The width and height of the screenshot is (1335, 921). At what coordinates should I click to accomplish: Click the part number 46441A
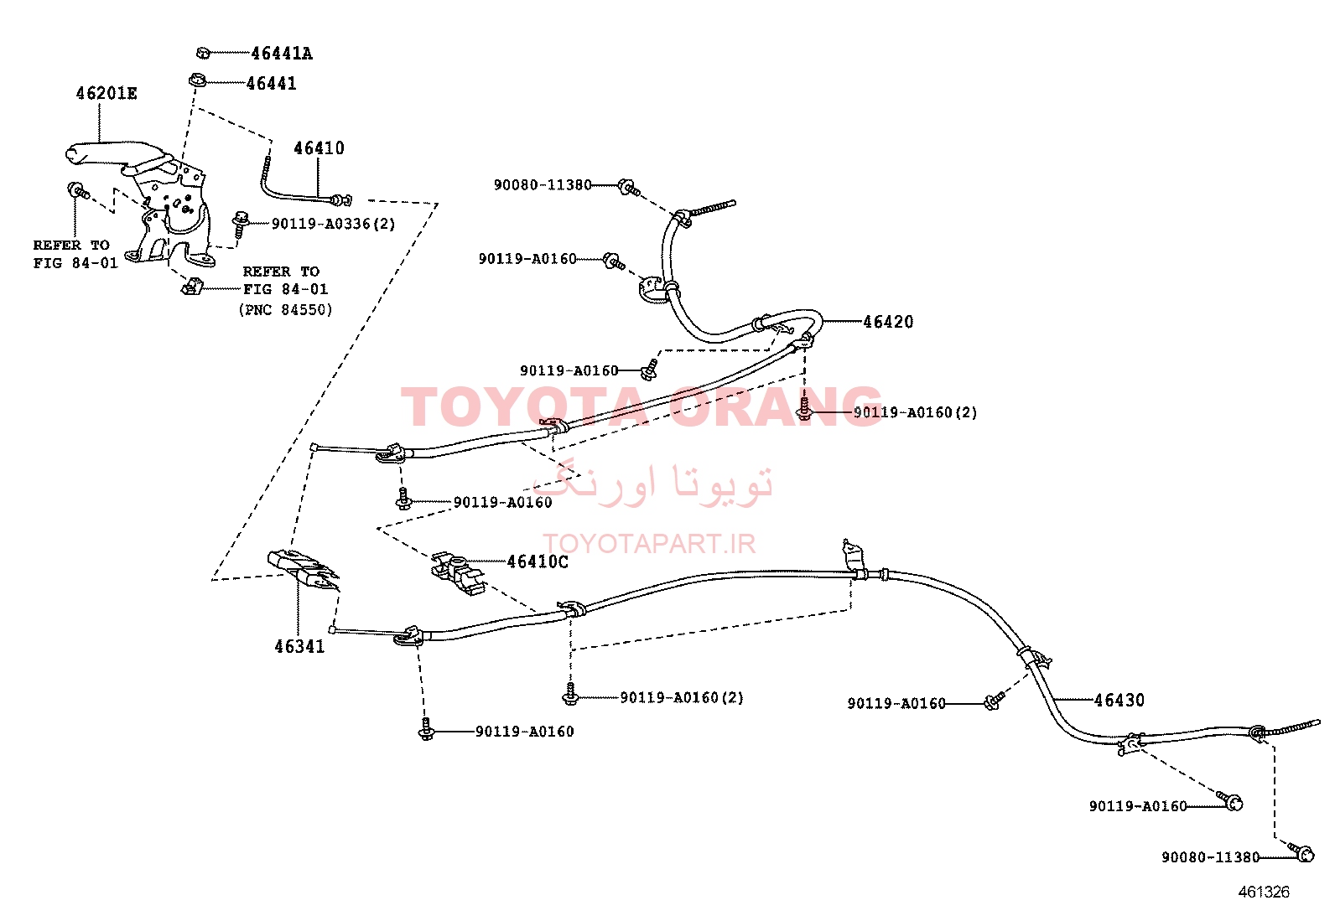click(281, 54)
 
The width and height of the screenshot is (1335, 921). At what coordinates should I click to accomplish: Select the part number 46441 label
click(271, 84)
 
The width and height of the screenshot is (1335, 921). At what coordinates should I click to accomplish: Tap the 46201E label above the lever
click(106, 94)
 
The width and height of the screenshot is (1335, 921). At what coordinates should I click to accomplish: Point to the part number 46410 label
click(319, 147)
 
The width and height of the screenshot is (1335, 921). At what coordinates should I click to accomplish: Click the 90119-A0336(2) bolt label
click(333, 224)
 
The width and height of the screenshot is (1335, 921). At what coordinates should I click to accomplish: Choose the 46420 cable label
click(888, 322)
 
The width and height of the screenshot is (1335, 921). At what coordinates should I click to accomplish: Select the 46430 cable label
click(1119, 700)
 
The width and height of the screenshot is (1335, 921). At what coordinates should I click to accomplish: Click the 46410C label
click(538, 561)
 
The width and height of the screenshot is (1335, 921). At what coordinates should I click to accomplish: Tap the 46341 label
click(299, 646)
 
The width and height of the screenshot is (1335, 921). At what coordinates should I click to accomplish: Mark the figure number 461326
click(1264, 892)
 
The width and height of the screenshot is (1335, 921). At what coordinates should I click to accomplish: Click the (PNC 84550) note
click(285, 310)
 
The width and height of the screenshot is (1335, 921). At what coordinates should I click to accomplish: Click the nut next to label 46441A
click(203, 53)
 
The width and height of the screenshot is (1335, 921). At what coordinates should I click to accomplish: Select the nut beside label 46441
click(197, 80)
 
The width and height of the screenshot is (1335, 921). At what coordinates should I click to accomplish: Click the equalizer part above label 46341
click(303, 570)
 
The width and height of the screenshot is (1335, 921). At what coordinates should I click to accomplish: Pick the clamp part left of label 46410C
click(458, 574)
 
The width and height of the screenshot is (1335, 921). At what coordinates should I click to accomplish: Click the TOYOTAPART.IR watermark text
click(649, 544)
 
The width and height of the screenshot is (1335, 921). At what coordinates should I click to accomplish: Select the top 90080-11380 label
click(543, 185)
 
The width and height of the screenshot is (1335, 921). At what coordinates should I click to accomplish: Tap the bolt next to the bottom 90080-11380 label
click(1301, 852)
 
